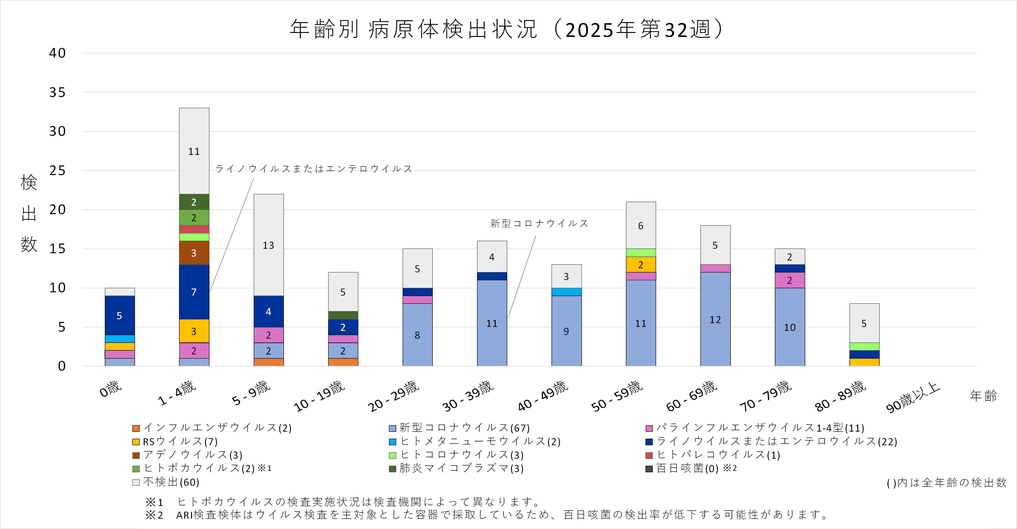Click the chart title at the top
pos(507,29)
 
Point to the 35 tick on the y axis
pos(57,93)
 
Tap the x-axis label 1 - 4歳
pos(178,393)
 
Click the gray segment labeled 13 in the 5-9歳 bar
pos(269,245)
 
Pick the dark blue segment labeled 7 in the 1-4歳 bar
pos(194,292)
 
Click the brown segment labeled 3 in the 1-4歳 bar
pos(194,253)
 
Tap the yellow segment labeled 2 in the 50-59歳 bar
pos(641,265)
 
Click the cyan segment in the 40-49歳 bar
pos(566,292)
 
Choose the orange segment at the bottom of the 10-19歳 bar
pos(343,362)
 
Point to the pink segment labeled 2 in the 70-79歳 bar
pos(790,280)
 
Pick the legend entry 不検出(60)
pos(171,482)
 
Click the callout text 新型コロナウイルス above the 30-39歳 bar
pos(539,224)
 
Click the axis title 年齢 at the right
pos(983,396)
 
